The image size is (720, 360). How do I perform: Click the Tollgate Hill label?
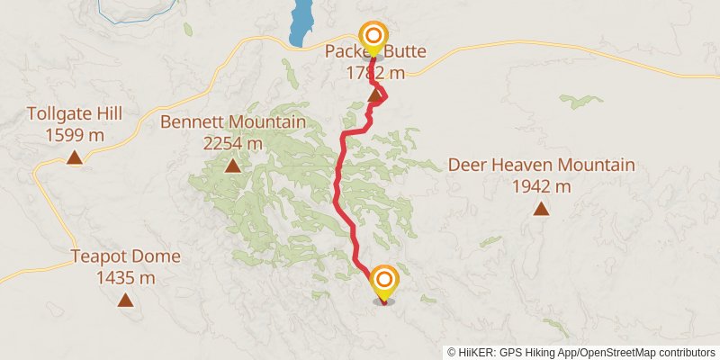(x=74, y=114)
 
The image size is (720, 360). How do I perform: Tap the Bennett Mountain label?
(x=233, y=121)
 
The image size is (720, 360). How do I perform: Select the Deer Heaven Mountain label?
(x=542, y=166)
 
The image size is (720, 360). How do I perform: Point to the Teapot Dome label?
(x=125, y=256)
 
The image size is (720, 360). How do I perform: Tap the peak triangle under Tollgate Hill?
(x=75, y=158)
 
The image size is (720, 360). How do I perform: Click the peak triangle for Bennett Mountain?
(x=233, y=166)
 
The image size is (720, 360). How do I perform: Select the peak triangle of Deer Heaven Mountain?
(x=541, y=210)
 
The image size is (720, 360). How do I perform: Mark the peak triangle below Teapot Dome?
(x=125, y=300)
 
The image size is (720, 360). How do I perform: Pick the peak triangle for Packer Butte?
(x=376, y=94)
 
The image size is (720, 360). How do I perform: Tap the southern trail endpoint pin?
(x=384, y=282)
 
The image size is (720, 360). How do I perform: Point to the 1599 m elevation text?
(x=74, y=135)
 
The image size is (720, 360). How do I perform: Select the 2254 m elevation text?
(x=233, y=143)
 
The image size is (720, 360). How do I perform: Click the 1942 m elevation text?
(x=542, y=187)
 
